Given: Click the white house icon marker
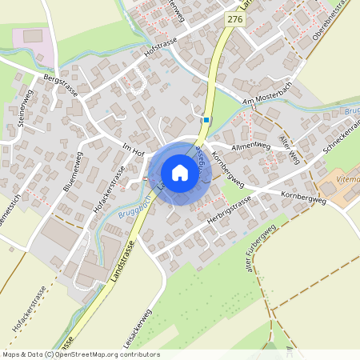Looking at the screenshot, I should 179,173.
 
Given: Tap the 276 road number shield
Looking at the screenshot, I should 234,18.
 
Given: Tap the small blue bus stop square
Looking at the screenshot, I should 206,121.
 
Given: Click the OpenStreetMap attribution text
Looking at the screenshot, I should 80,354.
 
